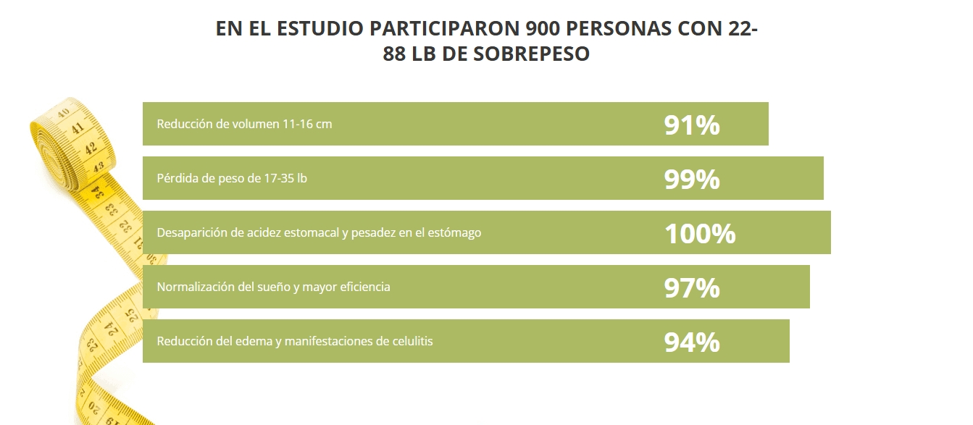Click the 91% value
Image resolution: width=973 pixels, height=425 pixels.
691,125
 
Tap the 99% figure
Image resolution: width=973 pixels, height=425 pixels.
691,179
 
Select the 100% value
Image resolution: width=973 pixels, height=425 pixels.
699,233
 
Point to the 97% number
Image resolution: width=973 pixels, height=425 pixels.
691,287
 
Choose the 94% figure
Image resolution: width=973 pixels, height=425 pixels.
691,342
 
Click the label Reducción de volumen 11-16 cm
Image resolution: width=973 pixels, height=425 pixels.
244,124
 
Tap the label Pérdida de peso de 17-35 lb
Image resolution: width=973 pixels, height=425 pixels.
232,178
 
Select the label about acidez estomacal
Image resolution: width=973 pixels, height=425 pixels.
319,232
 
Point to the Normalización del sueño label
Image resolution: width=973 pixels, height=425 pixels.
273,287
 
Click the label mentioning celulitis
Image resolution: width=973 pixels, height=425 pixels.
295,341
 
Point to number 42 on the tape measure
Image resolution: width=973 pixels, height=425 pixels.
91,148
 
